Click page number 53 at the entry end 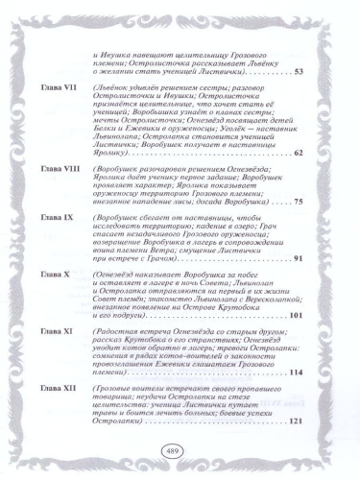pos(297,72)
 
